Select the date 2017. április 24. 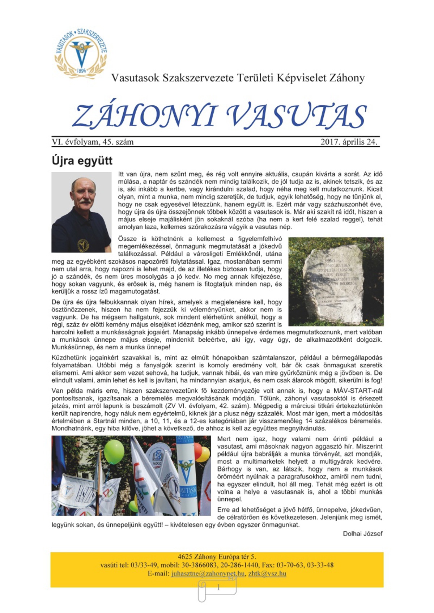click(x=349, y=142)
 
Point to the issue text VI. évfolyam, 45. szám click(x=93, y=142)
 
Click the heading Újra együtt click(x=82, y=161)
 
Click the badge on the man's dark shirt click(x=83, y=245)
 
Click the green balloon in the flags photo click(x=114, y=452)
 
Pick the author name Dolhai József click(x=362, y=533)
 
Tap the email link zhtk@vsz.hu click(x=267, y=574)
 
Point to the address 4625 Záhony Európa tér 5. click(x=217, y=557)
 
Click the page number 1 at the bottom click(x=218, y=588)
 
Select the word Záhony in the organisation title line click(x=347, y=78)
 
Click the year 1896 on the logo click(x=81, y=71)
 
